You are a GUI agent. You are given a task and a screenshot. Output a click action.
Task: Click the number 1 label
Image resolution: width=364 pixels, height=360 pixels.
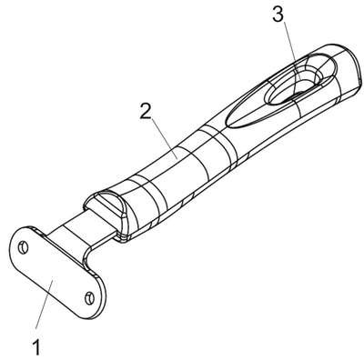[x=36, y=347]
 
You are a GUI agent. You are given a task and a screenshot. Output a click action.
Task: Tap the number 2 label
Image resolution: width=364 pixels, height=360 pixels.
[x=146, y=111]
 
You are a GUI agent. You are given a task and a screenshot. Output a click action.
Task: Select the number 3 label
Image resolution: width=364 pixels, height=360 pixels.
[x=278, y=15]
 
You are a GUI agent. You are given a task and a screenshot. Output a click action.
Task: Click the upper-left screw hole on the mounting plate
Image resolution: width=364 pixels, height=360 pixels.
[x=23, y=248]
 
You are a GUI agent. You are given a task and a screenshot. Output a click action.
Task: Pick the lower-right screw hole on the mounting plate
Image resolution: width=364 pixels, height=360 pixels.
[x=89, y=298]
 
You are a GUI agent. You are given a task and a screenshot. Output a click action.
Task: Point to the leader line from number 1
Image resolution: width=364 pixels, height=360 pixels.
[x=45, y=304]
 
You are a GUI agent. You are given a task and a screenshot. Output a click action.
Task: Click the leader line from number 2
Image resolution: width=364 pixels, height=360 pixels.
[x=164, y=138]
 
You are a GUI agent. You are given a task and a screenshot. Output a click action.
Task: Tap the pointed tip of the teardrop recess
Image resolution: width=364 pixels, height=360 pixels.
[x=227, y=122]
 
